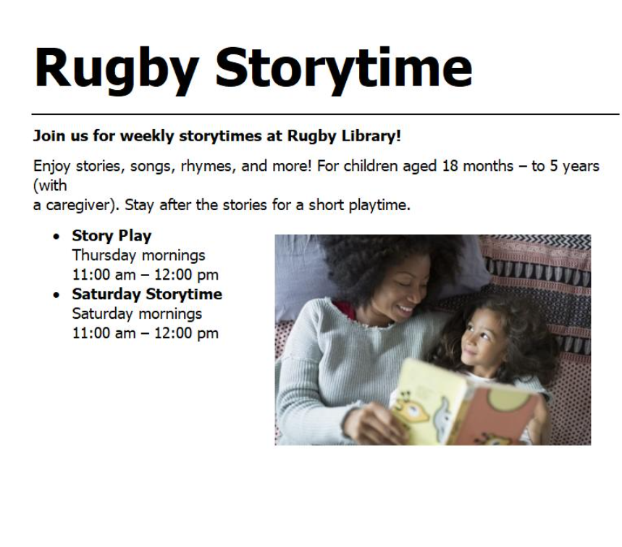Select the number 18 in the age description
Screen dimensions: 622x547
click(450, 166)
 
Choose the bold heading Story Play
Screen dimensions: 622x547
click(112, 235)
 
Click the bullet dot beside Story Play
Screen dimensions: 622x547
click(56, 237)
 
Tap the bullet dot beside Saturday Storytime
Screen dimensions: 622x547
click(56, 296)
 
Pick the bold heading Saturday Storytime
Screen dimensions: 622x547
click(147, 294)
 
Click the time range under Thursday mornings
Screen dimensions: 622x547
click(146, 275)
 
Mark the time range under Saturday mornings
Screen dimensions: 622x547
click(146, 333)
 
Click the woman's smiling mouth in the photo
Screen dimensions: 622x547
click(405, 309)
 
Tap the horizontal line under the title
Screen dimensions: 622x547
click(325, 114)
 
